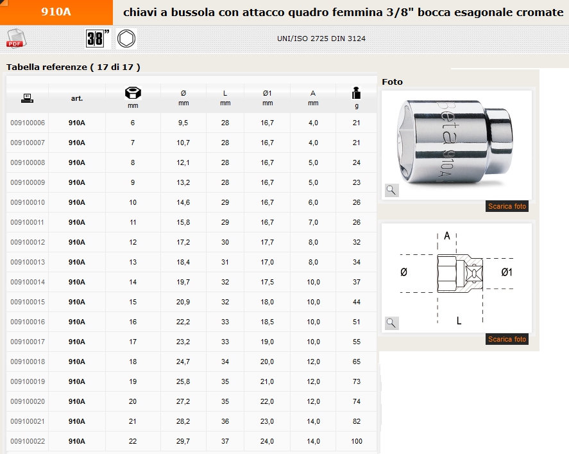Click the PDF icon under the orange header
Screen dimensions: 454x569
[14, 39]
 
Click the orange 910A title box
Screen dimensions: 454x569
[56, 12]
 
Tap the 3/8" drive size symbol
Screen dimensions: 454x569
[98, 39]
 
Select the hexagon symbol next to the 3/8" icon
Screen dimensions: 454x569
[126, 39]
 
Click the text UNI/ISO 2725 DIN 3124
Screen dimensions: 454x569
[321, 39]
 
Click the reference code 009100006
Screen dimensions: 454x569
[28, 123]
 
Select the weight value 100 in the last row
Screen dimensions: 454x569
[357, 441]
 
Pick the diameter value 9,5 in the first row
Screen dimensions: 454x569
[183, 123]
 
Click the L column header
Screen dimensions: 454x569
[225, 94]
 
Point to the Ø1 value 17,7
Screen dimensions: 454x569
[268, 242]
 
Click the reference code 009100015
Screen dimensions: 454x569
[28, 302]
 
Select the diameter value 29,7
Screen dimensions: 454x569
[183, 441]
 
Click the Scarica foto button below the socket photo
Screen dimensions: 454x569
[507, 207]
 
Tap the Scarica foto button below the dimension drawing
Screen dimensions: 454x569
[507, 339]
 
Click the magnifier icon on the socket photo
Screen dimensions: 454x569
[392, 190]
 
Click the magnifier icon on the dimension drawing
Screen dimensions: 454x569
[392, 323]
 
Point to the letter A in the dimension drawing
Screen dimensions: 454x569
[447, 236]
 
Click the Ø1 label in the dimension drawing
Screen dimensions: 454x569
[506, 272]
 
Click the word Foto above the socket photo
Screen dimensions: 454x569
[393, 82]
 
